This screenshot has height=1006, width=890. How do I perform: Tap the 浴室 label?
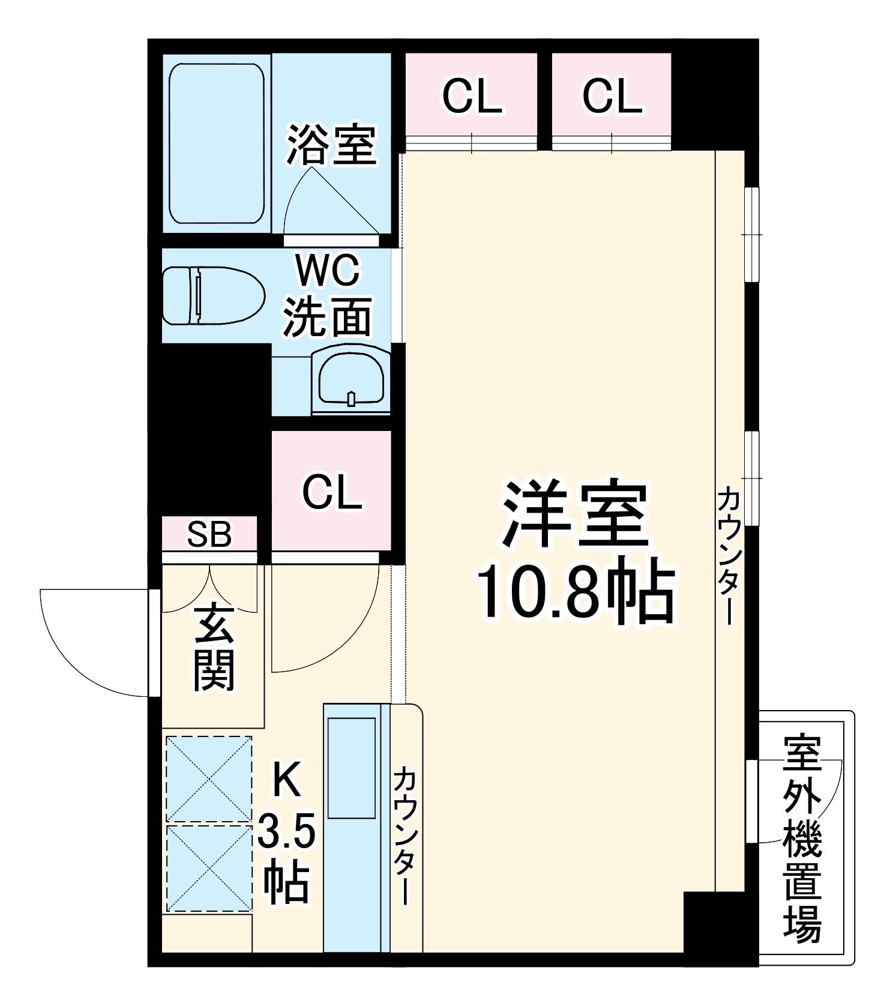pos(331,145)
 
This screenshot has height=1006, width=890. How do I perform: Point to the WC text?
pos(328,270)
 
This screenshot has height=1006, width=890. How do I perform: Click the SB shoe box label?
pos(209,534)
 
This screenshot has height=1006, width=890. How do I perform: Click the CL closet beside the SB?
pos(331,492)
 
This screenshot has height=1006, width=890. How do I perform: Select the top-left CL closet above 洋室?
pos(472,96)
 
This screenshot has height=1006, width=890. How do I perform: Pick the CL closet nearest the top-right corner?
pos(612,96)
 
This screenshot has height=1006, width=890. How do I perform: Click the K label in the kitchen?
pos(286,780)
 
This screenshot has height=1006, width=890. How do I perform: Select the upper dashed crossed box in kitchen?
pos(209,779)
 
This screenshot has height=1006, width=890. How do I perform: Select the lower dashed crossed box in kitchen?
pos(209,868)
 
